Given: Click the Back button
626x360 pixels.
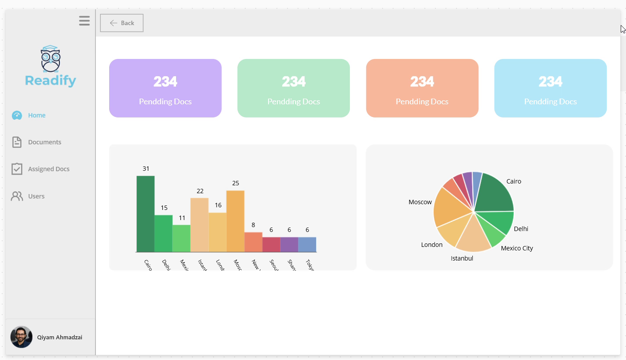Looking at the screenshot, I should tap(122, 23).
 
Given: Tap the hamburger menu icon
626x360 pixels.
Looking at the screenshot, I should tap(85, 21).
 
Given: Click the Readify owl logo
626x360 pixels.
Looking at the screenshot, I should tap(51, 59).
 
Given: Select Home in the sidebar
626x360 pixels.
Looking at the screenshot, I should tap(37, 115).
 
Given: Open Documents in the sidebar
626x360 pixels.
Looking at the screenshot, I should tap(44, 142).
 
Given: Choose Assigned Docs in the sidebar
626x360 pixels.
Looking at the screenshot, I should tap(48, 169).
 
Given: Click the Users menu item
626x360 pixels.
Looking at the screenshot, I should tap(36, 196).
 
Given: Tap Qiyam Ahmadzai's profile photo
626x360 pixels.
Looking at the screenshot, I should tap(21, 337).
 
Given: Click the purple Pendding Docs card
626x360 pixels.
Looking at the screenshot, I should tap(165, 88).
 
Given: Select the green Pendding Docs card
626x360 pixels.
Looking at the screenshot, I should tap(294, 88).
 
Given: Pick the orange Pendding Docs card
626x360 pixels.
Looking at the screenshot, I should tap(422, 88).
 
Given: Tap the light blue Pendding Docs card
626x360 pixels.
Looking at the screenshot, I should tap(550, 88).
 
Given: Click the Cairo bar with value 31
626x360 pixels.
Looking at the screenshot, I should tap(145, 214).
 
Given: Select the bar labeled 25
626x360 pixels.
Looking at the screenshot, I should tap(236, 221).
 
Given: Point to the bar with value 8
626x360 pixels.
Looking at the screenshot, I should tap(254, 242).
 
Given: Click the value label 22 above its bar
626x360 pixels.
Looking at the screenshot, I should tap(200, 191).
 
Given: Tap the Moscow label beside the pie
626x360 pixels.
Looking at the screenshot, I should tap(420, 202).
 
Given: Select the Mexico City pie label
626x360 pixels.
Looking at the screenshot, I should tap(517, 248).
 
